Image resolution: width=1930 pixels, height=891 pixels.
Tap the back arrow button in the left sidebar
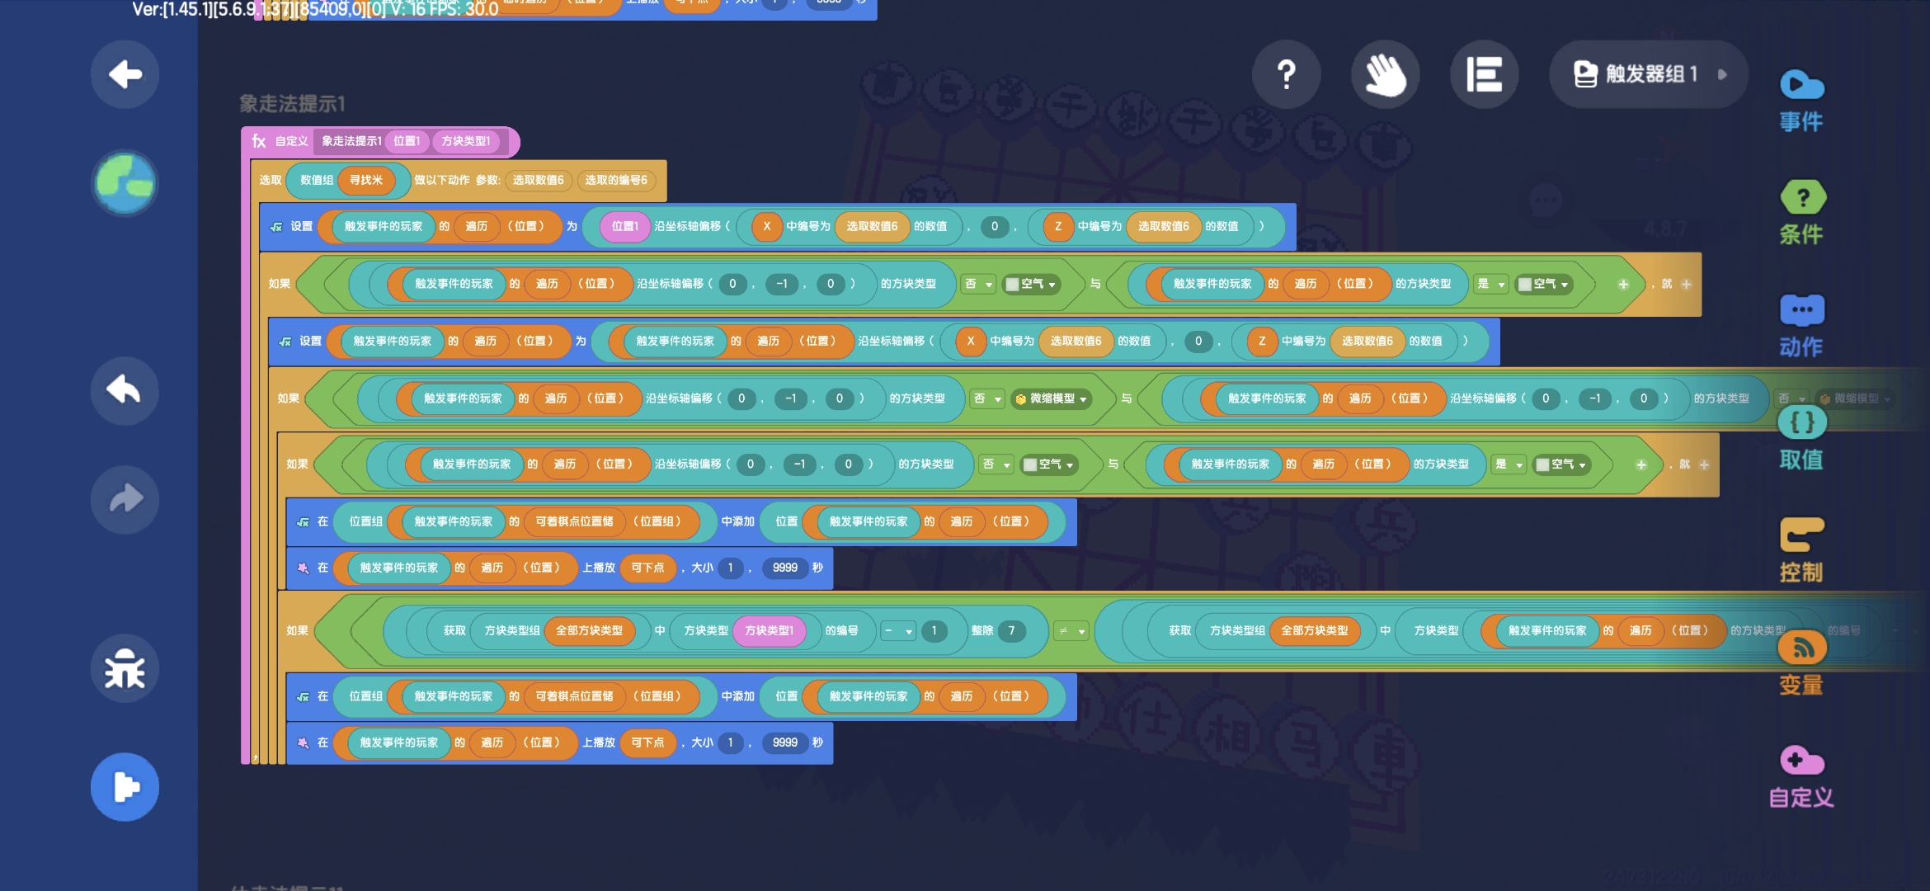(125, 74)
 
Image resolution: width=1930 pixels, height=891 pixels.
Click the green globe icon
(125, 182)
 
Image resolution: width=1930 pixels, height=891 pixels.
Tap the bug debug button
(125, 668)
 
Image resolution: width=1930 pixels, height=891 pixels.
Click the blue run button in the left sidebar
(125, 787)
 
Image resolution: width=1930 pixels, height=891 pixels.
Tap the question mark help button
(1286, 74)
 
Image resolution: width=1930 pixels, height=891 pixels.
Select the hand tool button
(1385, 74)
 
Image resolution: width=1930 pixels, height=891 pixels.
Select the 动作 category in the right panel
(1801, 326)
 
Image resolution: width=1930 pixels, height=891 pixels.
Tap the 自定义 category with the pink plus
(1801, 776)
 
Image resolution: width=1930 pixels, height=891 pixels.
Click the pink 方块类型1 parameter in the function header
(466, 141)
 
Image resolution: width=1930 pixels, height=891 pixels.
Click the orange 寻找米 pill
(366, 180)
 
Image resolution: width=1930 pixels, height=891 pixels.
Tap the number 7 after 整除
(1011, 631)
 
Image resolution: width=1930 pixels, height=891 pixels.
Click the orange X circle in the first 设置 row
(766, 226)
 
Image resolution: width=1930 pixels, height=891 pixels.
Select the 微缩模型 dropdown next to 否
(1052, 398)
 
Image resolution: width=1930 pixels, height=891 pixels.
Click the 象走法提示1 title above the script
(292, 104)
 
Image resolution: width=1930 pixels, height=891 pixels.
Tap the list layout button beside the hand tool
(1484, 74)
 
